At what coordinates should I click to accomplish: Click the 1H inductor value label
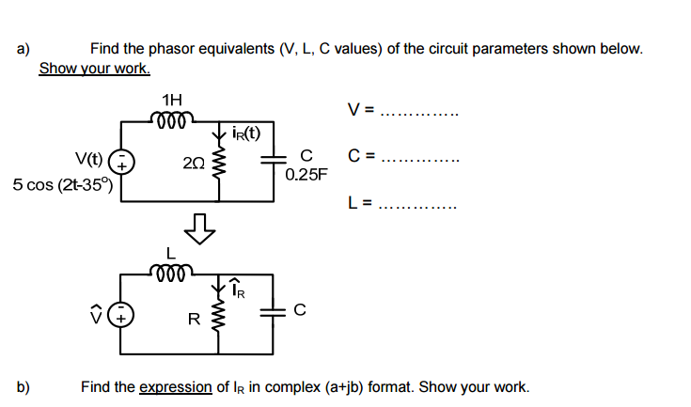(172, 100)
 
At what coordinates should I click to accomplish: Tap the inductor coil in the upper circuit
(172, 118)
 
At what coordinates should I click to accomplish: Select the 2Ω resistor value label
(195, 163)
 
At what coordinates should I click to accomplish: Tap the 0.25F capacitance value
(305, 174)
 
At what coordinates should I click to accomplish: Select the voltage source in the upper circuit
(122, 163)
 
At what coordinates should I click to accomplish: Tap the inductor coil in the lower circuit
(172, 273)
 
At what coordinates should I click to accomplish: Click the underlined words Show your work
(94, 69)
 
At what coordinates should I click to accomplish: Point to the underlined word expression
(175, 386)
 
